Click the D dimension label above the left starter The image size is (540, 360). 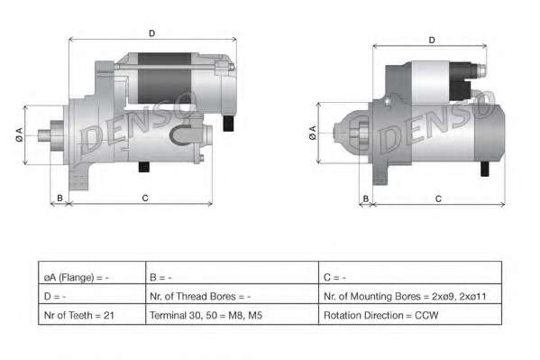151,33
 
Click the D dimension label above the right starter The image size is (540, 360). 432,41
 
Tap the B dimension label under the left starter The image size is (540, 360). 59,198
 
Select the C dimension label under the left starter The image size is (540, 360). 145,198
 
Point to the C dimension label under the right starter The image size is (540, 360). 438,199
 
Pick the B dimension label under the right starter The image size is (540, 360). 366,199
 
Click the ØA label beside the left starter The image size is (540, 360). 19,134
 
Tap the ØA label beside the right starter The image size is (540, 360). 312,133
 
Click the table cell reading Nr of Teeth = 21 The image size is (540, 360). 92,314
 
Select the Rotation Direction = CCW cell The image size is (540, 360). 410,314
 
